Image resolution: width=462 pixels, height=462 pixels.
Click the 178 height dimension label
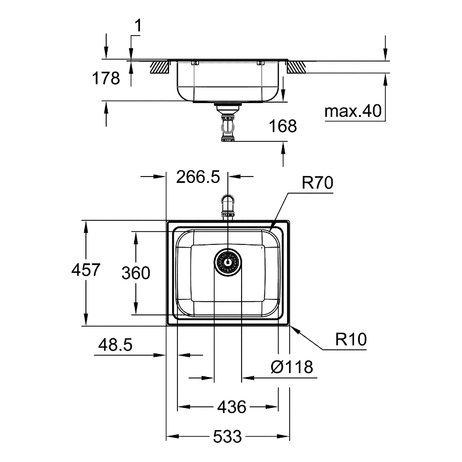click(x=106, y=79)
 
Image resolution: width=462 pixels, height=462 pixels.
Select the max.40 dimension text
click(x=353, y=111)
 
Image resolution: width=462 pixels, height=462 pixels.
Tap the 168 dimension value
click(x=283, y=126)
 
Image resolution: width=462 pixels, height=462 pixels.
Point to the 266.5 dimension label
click(x=198, y=177)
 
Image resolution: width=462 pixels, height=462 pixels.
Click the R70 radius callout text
click(x=317, y=182)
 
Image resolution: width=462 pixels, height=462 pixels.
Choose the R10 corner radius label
click(x=351, y=339)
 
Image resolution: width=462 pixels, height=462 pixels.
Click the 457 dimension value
click(x=86, y=270)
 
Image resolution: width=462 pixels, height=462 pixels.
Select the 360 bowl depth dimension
click(x=136, y=273)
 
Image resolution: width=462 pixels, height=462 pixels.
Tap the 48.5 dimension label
click(x=115, y=345)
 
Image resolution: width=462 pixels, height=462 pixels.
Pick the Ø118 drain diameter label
click(x=292, y=367)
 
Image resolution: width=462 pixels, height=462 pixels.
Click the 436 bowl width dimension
click(x=232, y=407)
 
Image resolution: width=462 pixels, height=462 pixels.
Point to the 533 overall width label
click(x=227, y=437)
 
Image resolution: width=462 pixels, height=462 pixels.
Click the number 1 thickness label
click(x=138, y=25)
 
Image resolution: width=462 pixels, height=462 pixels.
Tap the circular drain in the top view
click(x=227, y=262)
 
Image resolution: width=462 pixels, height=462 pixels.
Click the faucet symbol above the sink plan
click(x=228, y=207)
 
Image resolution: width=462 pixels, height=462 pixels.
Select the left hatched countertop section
click(x=160, y=67)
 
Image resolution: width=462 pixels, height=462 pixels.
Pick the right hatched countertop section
click(x=296, y=67)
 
